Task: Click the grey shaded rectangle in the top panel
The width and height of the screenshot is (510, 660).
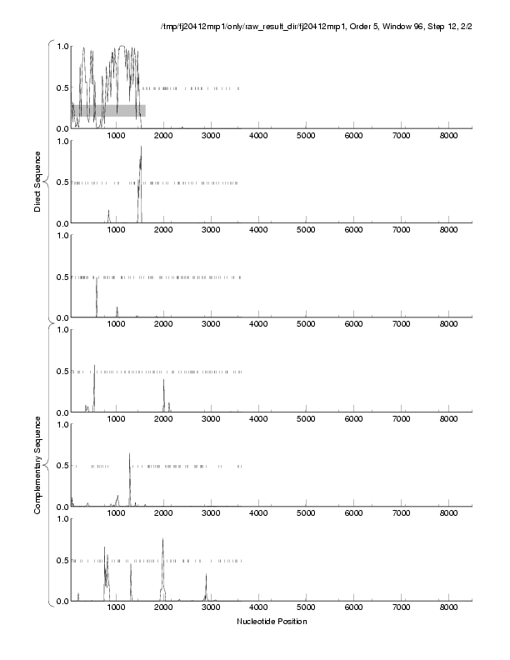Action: coord(108,110)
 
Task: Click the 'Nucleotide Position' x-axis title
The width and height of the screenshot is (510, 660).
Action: coord(272,621)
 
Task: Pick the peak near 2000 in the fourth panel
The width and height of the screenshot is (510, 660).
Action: coord(163,382)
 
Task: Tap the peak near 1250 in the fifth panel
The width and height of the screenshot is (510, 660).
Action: coord(130,455)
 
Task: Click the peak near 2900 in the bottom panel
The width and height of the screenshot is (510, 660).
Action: coord(206,575)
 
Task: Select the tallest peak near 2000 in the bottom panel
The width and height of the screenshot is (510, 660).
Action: coord(163,540)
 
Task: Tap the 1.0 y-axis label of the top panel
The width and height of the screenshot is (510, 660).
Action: coord(62,46)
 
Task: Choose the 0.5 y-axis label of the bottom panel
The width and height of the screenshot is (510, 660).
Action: coord(62,560)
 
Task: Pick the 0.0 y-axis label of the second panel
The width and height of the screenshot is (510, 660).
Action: coord(62,223)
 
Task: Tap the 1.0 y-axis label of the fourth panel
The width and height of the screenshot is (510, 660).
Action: coord(62,330)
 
